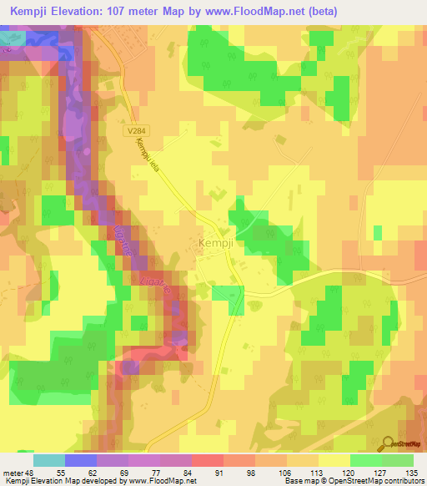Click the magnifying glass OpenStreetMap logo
[x=389, y=442]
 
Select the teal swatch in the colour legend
[x=49, y=459]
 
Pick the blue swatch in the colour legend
[x=81, y=459]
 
